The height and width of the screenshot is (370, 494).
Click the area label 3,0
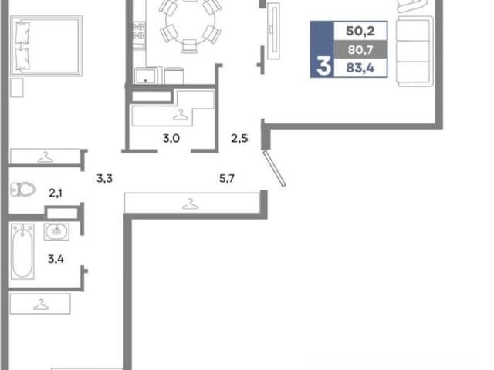point(171,138)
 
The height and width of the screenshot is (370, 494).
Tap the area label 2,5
point(239,138)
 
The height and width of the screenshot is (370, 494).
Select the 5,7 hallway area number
point(227,179)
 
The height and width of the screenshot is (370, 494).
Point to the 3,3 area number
point(104,179)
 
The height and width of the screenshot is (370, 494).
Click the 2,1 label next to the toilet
point(56,193)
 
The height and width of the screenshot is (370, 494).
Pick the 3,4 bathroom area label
point(56,259)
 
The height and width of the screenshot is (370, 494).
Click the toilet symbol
point(22,190)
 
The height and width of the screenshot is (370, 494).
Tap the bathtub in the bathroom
point(22,251)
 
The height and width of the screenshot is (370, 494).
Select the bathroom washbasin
point(56,231)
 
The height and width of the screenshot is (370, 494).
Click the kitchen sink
point(145,76)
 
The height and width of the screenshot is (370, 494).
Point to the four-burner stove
point(138,31)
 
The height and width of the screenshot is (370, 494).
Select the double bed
point(46,46)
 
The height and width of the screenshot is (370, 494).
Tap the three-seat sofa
point(415,52)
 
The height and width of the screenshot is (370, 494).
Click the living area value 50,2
point(360,31)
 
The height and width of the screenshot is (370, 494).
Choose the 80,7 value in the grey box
point(360,49)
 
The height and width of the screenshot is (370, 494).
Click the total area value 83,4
point(360,68)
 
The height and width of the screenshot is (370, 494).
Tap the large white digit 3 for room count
point(324,66)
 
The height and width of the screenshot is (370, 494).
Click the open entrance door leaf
point(275,168)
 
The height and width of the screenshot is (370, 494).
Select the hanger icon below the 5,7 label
point(191,204)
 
